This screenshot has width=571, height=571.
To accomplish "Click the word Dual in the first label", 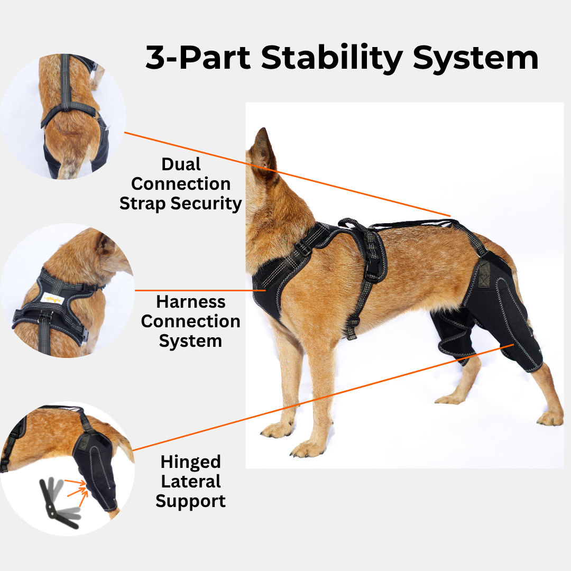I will coord(181,164).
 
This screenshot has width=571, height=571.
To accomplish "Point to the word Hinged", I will coord(190,462).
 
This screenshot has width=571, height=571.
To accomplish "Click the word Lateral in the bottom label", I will coord(190,481).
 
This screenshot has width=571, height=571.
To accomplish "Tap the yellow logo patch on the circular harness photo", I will coord(53,300).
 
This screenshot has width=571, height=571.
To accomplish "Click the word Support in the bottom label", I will coord(190,501).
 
